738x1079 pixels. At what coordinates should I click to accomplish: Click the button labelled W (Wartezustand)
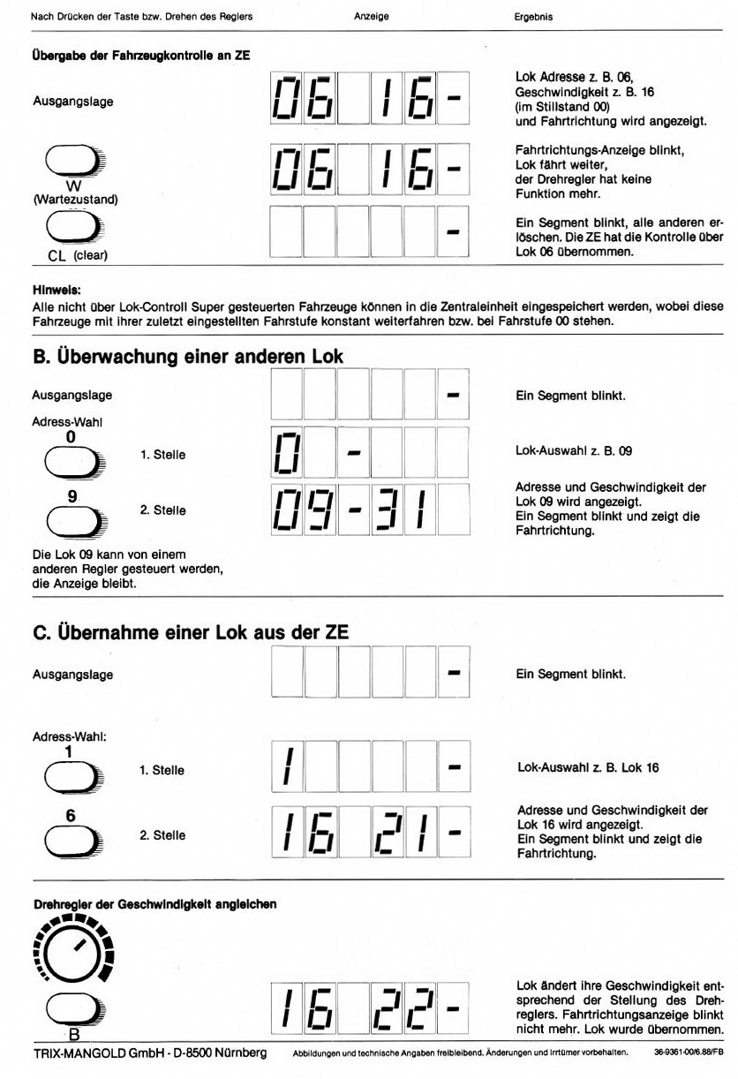pyautogui.click(x=72, y=162)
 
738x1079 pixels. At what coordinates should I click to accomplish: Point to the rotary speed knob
pyautogui.click(x=72, y=950)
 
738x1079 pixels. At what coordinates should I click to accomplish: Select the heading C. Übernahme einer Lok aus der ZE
pyautogui.click(x=190, y=632)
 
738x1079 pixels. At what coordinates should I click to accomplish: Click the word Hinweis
pyautogui.click(x=56, y=288)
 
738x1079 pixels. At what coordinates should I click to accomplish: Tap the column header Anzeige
pyautogui.click(x=371, y=17)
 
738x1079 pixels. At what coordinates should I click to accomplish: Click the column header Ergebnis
pyautogui.click(x=533, y=17)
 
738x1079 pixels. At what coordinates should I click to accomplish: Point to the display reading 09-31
pyautogui.click(x=368, y=509)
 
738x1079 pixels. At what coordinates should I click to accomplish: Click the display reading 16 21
pyautogui.click(x=368, y=834)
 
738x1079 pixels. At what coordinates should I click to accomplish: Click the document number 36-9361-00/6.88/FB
pyautogui.click(x=689, y=1053)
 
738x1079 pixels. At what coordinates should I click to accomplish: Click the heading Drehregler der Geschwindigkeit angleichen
pyautogui.click(x=154, y=904)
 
